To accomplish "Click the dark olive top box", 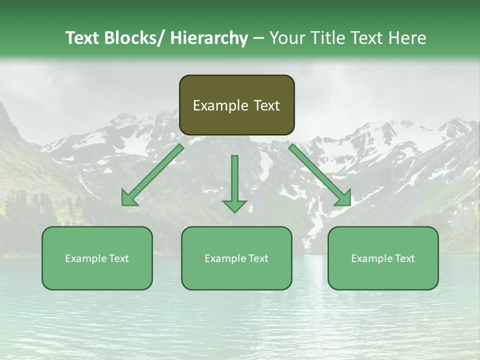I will point(236,105).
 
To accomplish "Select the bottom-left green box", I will point(97,258).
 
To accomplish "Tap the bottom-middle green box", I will point(236,258).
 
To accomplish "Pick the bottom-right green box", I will point(383,258).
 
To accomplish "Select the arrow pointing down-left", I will point(153,175).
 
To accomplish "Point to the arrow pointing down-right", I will point(320,175).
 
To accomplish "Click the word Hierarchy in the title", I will point(208,38).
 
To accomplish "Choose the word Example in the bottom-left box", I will point(85,258).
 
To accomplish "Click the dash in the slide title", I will point(258,38).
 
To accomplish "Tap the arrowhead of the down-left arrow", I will point(129,199).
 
